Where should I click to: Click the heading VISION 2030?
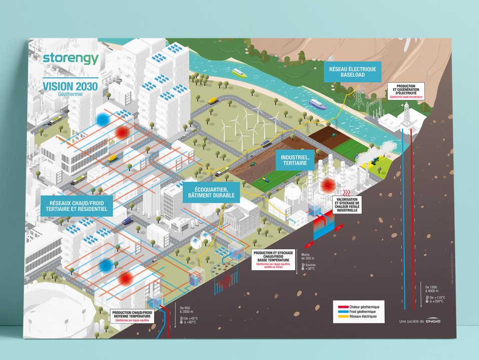(71, 85)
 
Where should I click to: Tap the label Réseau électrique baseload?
(353, 72)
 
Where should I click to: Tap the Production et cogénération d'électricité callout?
(406, 91)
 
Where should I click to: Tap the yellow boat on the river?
(239, 73)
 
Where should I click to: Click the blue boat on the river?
(317, 104)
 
